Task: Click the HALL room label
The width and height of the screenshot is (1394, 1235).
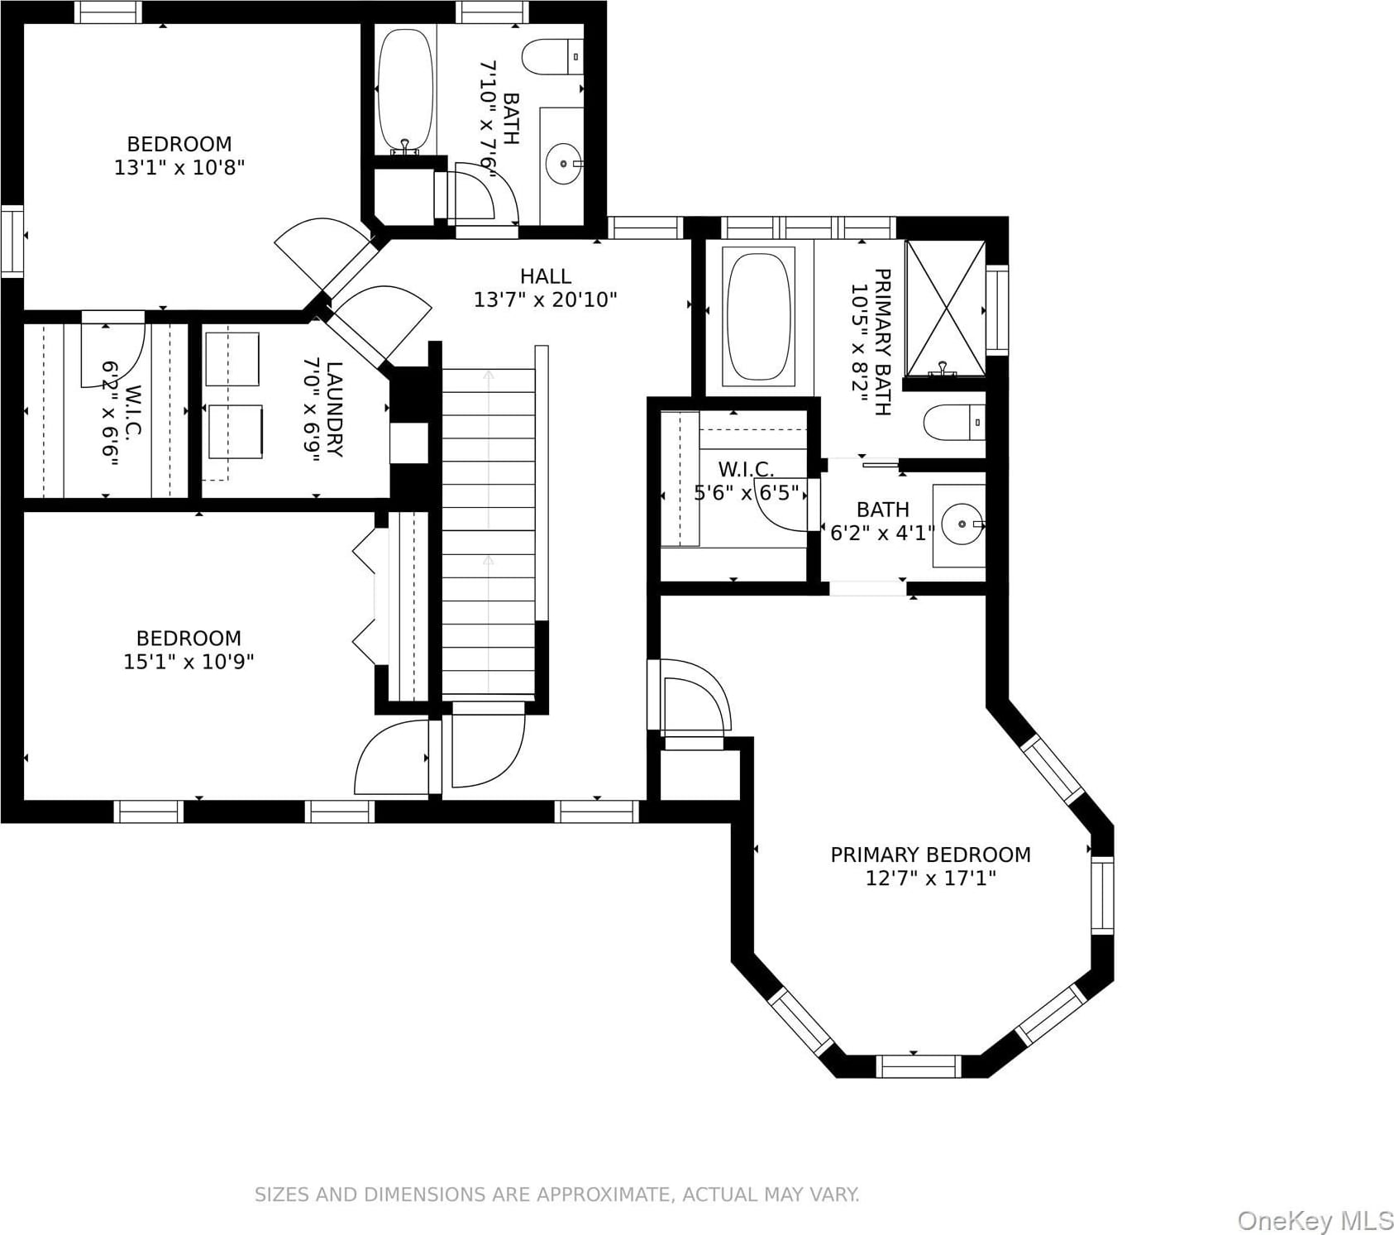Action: point(545,275)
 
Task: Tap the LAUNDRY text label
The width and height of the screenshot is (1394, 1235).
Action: point(334,409)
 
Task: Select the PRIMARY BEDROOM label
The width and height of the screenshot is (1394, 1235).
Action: point(930,854)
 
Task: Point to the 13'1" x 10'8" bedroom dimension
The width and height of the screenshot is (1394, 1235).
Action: point(179,167)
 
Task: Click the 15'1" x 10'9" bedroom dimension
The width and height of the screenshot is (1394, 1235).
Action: point(189,662)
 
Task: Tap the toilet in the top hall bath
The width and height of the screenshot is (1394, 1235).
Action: point(553,57)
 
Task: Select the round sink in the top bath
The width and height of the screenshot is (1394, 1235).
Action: point(564,164)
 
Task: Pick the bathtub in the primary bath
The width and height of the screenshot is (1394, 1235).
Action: point(758,316)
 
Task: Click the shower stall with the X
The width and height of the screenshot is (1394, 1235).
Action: point(946,308)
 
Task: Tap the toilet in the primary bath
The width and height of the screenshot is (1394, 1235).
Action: point(954,423)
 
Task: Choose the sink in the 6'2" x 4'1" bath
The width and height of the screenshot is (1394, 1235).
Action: point(962,524)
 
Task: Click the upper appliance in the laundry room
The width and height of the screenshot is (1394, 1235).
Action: point(232,359)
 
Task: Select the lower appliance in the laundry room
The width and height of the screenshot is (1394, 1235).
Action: point(236,431)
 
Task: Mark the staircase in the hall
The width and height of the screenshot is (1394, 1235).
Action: point(489,532)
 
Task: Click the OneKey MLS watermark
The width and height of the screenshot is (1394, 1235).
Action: point(1315,1220)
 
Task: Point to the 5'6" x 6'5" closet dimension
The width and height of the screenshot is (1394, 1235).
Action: point(747,493)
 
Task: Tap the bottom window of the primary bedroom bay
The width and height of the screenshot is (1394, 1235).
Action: point(919,1066)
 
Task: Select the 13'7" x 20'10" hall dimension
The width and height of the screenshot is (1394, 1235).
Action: point(545,299)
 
